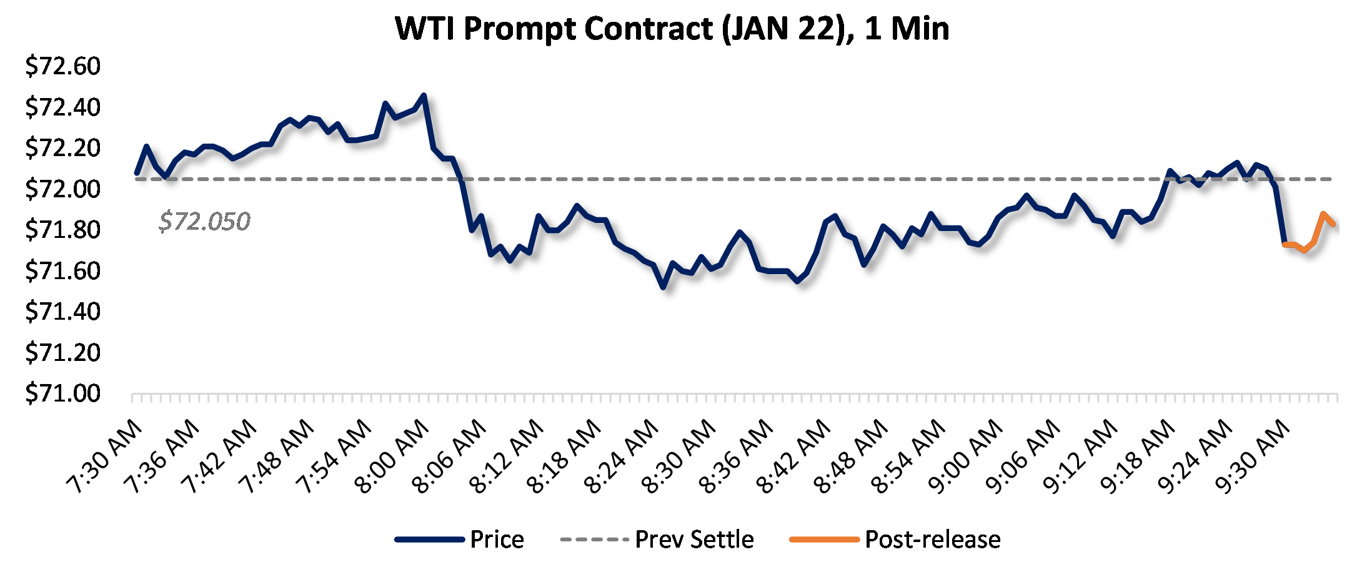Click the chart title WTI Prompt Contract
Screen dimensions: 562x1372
(672, 29)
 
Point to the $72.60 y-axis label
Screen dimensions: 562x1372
(62, 66)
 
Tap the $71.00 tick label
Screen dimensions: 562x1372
(62, 393)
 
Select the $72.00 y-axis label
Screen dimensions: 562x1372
(62, 189)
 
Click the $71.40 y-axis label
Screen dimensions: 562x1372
(62, 311)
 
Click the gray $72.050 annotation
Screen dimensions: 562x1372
(204, 222)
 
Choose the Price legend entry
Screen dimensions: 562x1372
(460, 540)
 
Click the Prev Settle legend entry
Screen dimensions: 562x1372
(657, 540)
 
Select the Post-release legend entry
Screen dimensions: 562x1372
(895, 540)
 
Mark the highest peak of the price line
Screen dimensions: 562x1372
(424, 96)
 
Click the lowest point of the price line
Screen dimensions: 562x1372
(664, 287)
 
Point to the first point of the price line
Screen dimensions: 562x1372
(137, 173)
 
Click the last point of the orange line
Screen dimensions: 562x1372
(1334, 224)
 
